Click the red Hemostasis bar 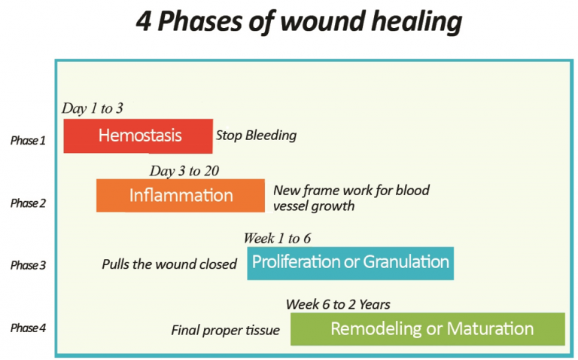coord(138,136)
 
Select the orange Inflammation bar coord(181,196)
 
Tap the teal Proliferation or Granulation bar coord(350,264)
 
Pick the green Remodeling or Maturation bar coord(427,329)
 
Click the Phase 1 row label coord(28,141)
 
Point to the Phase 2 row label coord(28,203)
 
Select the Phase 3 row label coord(28,265)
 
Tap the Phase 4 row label coord(28,328)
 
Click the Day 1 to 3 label coord(92,108)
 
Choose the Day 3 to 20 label coord(184,171)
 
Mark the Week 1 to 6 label coord(277,238)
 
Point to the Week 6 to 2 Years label coord(338,304)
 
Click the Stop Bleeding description coord(256,136)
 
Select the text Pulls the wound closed coord(169,264)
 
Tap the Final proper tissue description coord(226,331)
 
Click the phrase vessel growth coord(314,206)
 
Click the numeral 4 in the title coord(144,21)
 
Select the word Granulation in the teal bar coord(406,262)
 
